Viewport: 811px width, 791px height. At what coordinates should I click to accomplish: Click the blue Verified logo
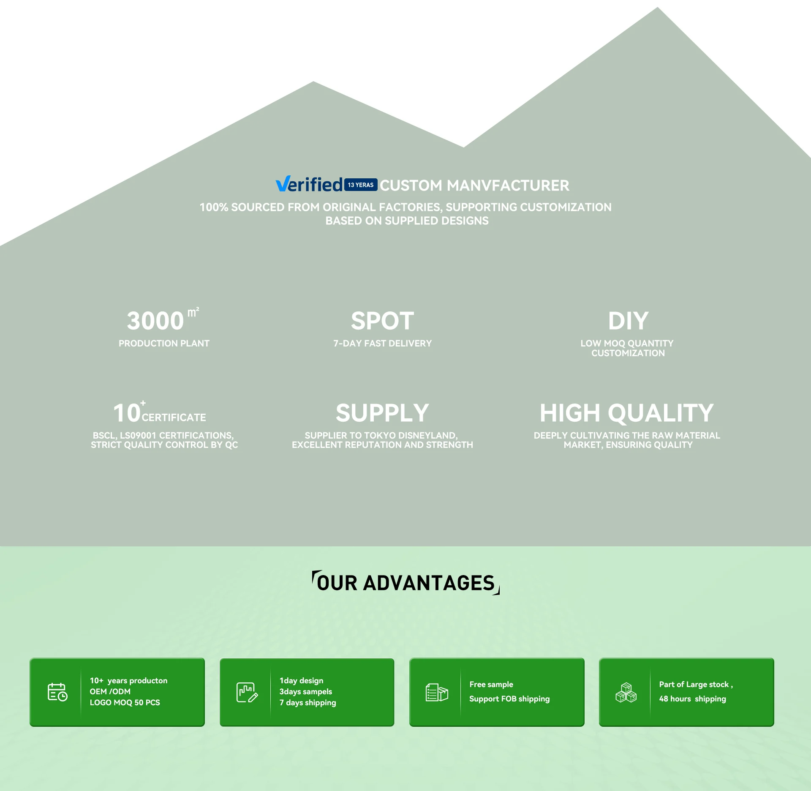(x=309, y=185)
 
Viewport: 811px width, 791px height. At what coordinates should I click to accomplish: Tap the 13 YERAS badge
(x=360, y=185)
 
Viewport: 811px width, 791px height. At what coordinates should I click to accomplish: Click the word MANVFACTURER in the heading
(x=508, y=185)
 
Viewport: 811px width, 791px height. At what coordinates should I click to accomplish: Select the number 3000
(x=155, y=321)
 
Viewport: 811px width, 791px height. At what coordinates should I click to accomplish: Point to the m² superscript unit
(x=193, y=312)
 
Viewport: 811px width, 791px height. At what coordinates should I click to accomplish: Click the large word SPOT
(x=382, y=321)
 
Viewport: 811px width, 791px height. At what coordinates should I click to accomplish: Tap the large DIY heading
(x=628, y=321)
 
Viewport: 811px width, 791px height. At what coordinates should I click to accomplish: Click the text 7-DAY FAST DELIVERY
(x=382, y=344)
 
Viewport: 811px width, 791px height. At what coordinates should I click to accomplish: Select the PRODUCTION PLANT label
(x=164, y=344)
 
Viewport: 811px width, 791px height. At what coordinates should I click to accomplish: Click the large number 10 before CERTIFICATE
(x=127, y=413)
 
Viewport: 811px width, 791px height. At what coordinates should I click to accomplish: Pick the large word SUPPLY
(x=382, y=413)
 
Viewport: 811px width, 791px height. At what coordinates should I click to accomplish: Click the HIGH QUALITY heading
(x=626, y=413)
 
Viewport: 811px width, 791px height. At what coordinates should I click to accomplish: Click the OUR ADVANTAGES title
(x=405, y=583)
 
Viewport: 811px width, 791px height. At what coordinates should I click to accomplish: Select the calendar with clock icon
(x=57, y=692)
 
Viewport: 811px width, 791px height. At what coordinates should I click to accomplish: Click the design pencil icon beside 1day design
(x=247, y=692)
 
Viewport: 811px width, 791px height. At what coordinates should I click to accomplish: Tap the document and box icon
(x=437, y=692)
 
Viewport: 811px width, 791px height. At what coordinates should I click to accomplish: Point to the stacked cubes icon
(x=626, y=692)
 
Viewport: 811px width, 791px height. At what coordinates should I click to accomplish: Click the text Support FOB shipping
(x=509, y=699)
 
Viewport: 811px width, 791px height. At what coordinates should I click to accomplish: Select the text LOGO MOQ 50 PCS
(x=125, y=703)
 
